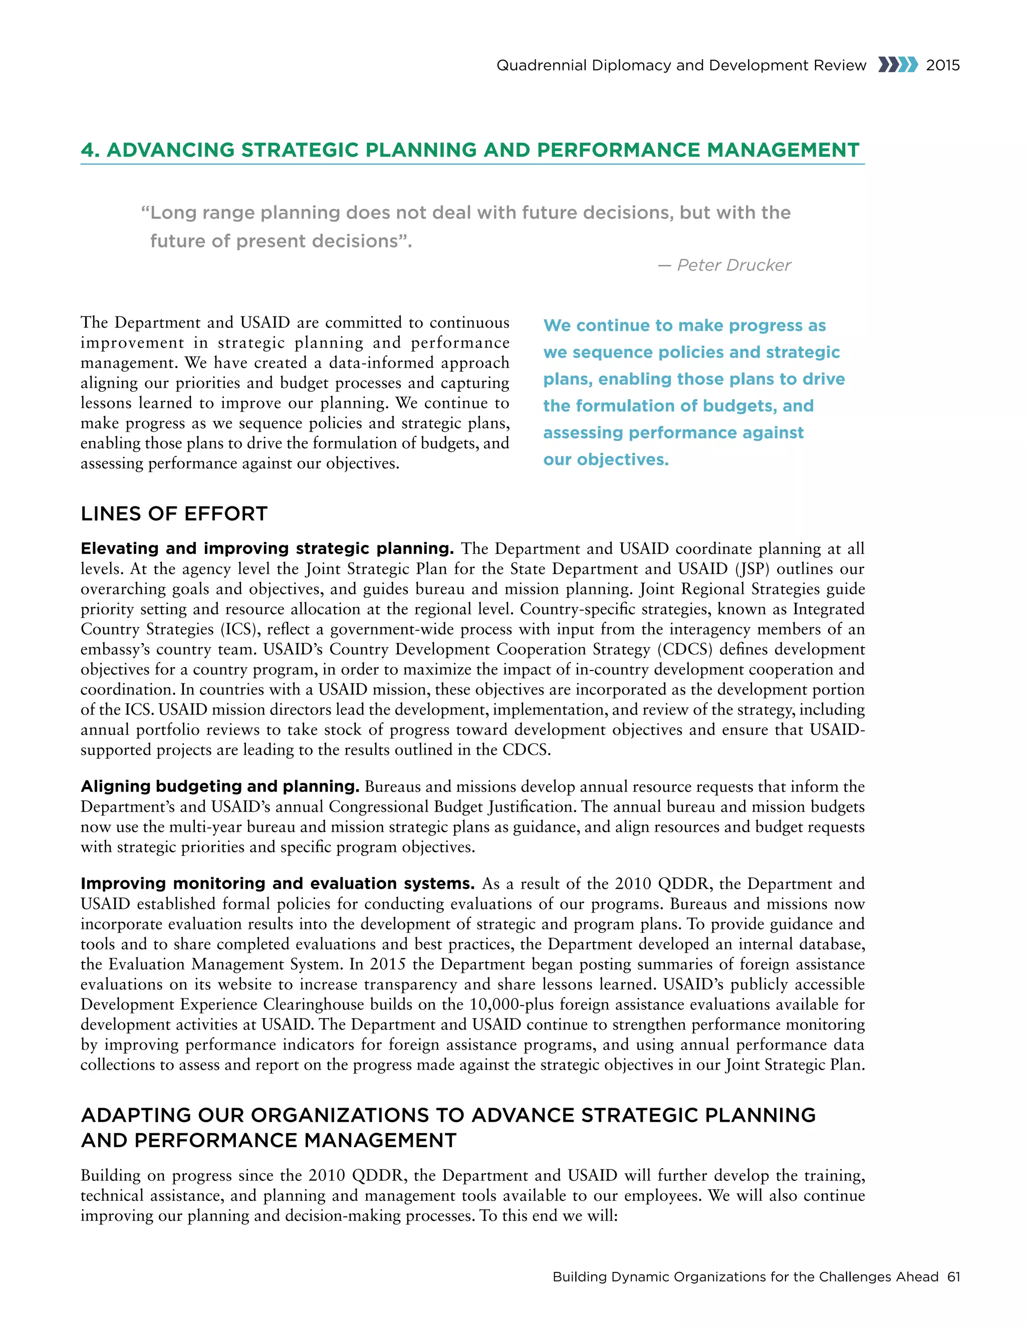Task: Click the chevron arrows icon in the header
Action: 898,65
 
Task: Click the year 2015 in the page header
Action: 943,65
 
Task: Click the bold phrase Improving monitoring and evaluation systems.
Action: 277,883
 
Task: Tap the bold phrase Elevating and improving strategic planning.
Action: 267,548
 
